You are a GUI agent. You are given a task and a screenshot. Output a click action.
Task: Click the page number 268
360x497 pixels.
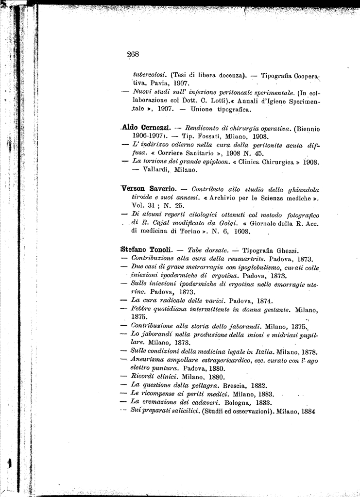[133, 54]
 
